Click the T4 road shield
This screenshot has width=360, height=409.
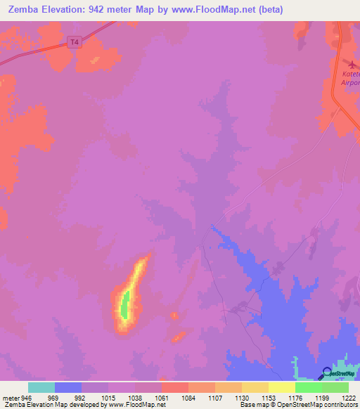pyautogui.click(x=75, y=42)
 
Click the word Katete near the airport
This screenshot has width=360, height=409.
pyautogui.click(x=351, y=74)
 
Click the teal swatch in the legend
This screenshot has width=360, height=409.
pyautogui.click(x=41, y=387)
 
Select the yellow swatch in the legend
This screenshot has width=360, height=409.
pyautogui.click(x=281, y=387)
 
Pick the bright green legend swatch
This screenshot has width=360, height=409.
pyautogui.click(x=308, y=387)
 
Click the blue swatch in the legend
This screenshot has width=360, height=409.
pyautogui.click(x=68, y=387)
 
